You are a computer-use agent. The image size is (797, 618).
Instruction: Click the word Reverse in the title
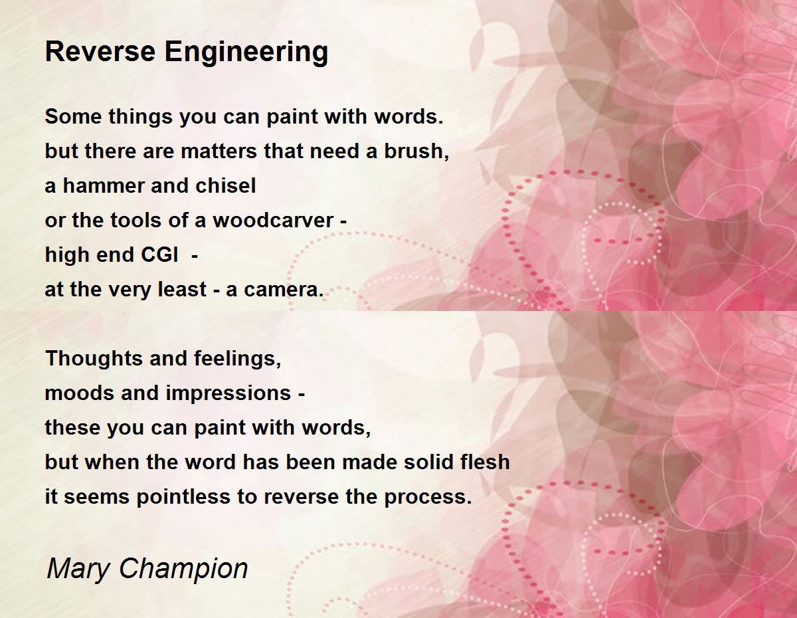pyautogui.click(x=100, y=51)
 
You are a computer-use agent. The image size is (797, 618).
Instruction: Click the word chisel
pyautogui.click(x=226, y=185)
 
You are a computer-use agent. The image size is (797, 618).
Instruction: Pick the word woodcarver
pyautogui.click(x=273, y=220)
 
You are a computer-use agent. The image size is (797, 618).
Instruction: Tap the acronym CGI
pyautogui.click(x=159, y=255)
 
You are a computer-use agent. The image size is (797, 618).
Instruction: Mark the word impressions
pyautogui.click(x=228, y=394)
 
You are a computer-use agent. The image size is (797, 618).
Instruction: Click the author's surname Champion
pyautogui.click(x=184, y=569)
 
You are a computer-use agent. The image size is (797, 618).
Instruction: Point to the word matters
pyautogui.click(x=219, y=152)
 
